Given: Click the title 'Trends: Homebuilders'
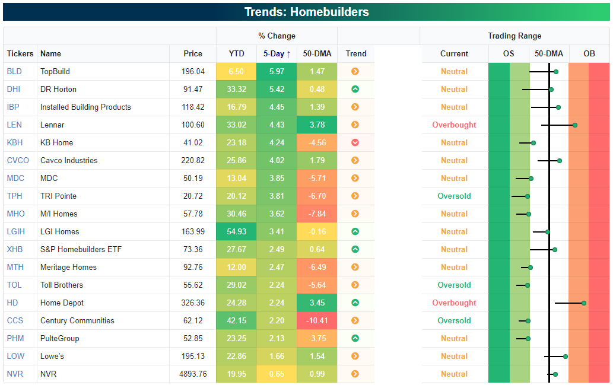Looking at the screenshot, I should [x=306, y=12].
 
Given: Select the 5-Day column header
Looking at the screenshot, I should [x=277, y=54].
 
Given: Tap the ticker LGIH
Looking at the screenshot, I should [x=15, y=232].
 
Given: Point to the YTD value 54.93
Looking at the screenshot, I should [x=237, y=232].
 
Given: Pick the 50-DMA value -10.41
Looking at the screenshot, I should [x=317, y=321].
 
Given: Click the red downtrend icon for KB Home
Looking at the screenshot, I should [x=355, y=143].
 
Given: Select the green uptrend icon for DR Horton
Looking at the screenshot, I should [x=355, y=90].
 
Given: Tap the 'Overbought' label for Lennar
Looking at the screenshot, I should [x=454, y=125].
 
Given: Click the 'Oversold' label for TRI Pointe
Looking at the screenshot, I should [x=454, y=196].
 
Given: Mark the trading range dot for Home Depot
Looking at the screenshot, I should [x=584, y=303].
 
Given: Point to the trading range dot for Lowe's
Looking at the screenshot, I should [x=566, y=357].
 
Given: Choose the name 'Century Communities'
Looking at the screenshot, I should [x=77, y=321].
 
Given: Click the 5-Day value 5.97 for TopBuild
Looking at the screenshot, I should [x=277, y=72].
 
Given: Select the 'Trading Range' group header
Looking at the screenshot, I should [x=514, y=36].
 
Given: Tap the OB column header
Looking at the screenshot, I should [x=589, y=54].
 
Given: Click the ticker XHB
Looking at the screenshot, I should [x=14, y=250].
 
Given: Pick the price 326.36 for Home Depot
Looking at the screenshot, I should [x=191, y=303].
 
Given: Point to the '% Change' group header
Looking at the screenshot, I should [x=277, y=36].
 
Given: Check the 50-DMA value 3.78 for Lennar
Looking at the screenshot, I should [x=317, y=125].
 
